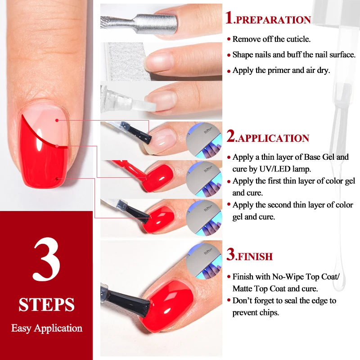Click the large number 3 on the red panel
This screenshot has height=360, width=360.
click(46, 261)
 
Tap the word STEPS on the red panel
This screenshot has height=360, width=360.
click(46, 305)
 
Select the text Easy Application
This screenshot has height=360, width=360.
click(47, 328)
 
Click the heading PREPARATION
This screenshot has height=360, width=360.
click(273, 20)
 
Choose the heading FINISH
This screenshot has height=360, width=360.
click(254, 257)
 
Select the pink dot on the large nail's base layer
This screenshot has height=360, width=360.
click(57, 120)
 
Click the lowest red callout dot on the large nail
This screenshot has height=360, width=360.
click(57, 178)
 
